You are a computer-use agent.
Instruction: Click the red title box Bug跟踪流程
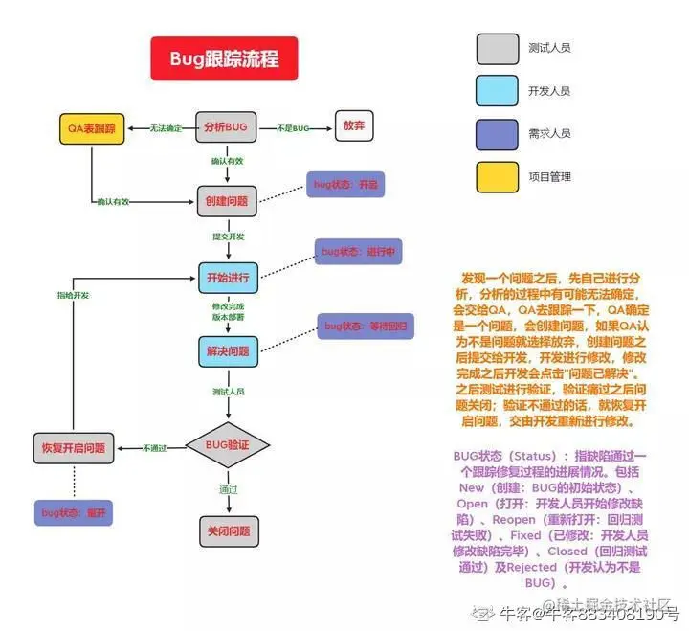tap(224, 58)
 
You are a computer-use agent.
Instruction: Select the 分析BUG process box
tap(227, 127)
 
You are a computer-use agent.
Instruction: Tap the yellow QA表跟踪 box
tap(91, 127)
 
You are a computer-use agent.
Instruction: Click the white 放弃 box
tap(353, 126)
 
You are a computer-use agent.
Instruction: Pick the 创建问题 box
tap(227, 201)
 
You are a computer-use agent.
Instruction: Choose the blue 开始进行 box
tap(227, 279)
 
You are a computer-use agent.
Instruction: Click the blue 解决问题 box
tap(227, 352)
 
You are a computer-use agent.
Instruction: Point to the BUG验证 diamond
tap(228, 446)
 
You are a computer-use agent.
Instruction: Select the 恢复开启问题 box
tap(74, 447)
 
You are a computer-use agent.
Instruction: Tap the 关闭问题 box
tap(228, 530)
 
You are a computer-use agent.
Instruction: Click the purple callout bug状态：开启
tap(344, 185)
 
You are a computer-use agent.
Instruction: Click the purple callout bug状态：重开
tap(74, 512)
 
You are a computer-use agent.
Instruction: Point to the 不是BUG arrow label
tap(294, 128)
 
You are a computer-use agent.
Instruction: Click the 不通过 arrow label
tap(155, 447)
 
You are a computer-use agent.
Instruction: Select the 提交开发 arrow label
tap(228, 236)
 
